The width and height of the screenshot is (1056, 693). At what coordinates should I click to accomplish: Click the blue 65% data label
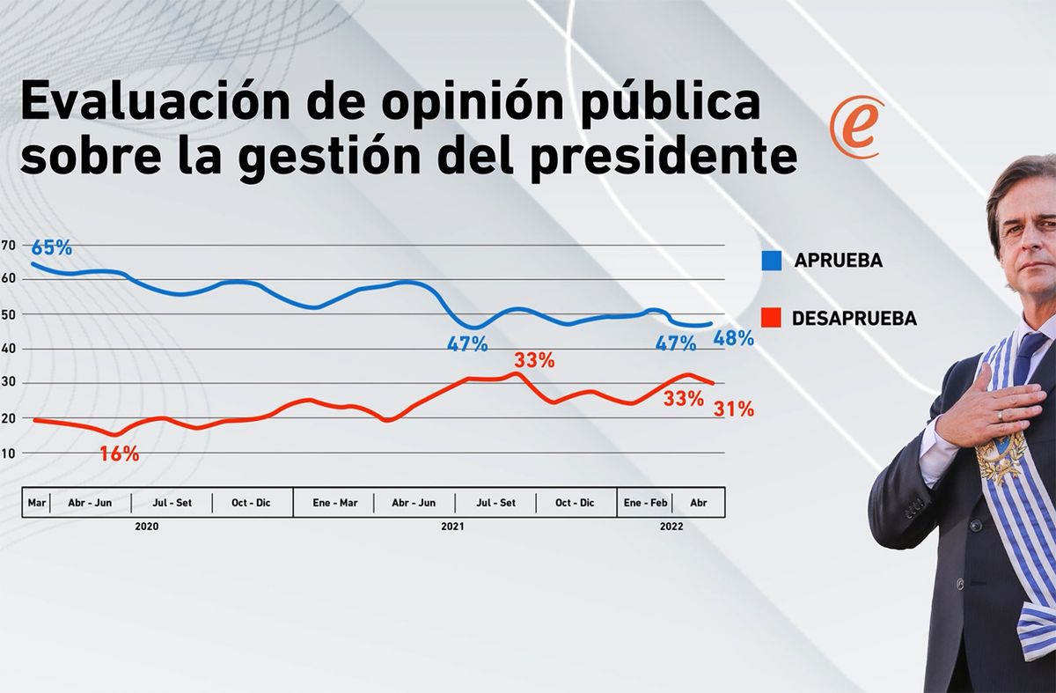point(52,247)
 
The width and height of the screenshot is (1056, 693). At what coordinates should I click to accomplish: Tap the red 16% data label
point(119,454)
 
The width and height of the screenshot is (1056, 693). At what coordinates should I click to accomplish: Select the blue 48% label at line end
point(733,337)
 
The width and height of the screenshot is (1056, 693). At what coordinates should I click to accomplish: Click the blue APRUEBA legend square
point(772,261)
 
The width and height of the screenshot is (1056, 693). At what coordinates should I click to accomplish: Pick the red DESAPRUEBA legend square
point(772,319)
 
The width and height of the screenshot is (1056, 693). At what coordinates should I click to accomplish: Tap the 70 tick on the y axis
point(8,245)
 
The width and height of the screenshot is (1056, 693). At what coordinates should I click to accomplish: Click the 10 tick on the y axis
point(8,453)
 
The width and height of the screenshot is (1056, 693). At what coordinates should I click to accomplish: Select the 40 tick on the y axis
point(8,349)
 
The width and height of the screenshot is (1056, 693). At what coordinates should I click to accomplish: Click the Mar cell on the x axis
point(36,503)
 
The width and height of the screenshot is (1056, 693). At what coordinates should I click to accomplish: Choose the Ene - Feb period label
point(645,503)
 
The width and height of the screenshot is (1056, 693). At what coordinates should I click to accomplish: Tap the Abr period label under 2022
point(699,503)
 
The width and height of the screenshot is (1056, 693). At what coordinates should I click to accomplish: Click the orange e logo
point(855,129)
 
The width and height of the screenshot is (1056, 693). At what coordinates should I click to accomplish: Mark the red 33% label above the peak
point(534,360)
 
